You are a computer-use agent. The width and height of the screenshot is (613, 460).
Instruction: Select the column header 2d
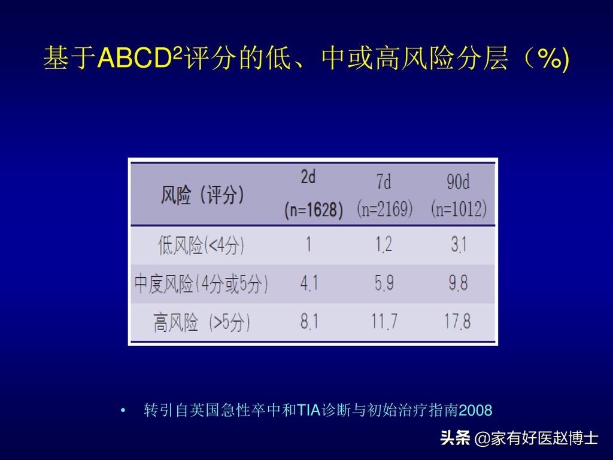[x=308, y=177]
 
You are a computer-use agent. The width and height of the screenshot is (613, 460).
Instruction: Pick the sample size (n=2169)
[x=384, y=209]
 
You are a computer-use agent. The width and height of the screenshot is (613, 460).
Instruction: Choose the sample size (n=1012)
[x=459, y=209]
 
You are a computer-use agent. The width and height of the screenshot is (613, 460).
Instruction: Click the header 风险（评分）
[x=202, y=195]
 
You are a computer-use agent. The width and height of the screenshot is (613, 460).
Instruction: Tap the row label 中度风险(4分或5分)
[x=201, y=283]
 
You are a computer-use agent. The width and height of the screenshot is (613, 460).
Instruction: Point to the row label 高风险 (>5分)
[x=202, y=323]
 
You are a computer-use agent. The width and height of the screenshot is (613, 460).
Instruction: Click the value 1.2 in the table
[x=384, y=244]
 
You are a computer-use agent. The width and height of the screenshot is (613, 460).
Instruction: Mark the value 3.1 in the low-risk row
[x=458, y=244]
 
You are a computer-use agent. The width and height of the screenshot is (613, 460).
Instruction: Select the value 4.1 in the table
[x=309, y=283]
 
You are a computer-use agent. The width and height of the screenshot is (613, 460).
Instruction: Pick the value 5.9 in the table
[x=384, y=283]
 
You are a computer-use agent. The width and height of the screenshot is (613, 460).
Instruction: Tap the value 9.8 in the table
[x=458, y=283]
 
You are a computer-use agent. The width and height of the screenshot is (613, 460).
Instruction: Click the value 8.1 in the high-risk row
[x=309, y=322]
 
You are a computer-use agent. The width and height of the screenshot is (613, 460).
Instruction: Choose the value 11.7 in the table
[x=384, y=322]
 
